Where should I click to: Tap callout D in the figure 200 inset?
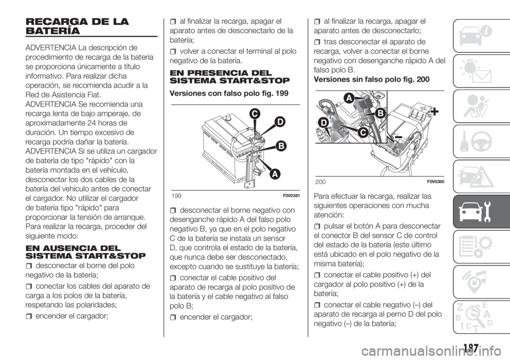click(323, 123)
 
